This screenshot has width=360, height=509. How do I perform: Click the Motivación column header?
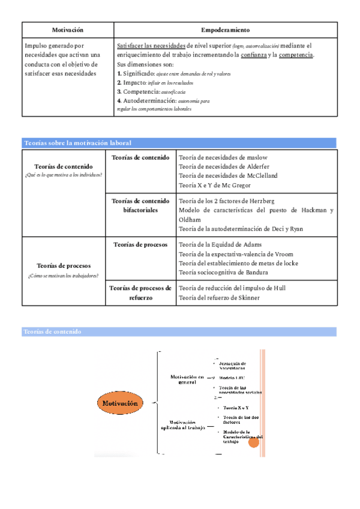pos(68,29)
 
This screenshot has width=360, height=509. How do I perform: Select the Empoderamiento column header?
pos(226,29)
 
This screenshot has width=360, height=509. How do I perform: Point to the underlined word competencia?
pos(295,55)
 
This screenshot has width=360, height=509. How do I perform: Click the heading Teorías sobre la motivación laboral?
pos(77,143)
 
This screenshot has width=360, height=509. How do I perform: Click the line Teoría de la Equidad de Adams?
pos(220,245)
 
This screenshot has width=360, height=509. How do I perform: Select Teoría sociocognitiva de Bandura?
pos(223,273)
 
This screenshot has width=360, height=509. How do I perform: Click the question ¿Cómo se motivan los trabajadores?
pos(63,276)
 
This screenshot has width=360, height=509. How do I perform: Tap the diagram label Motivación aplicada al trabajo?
pos(182,424)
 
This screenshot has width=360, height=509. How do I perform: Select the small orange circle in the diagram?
pos(254,442)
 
